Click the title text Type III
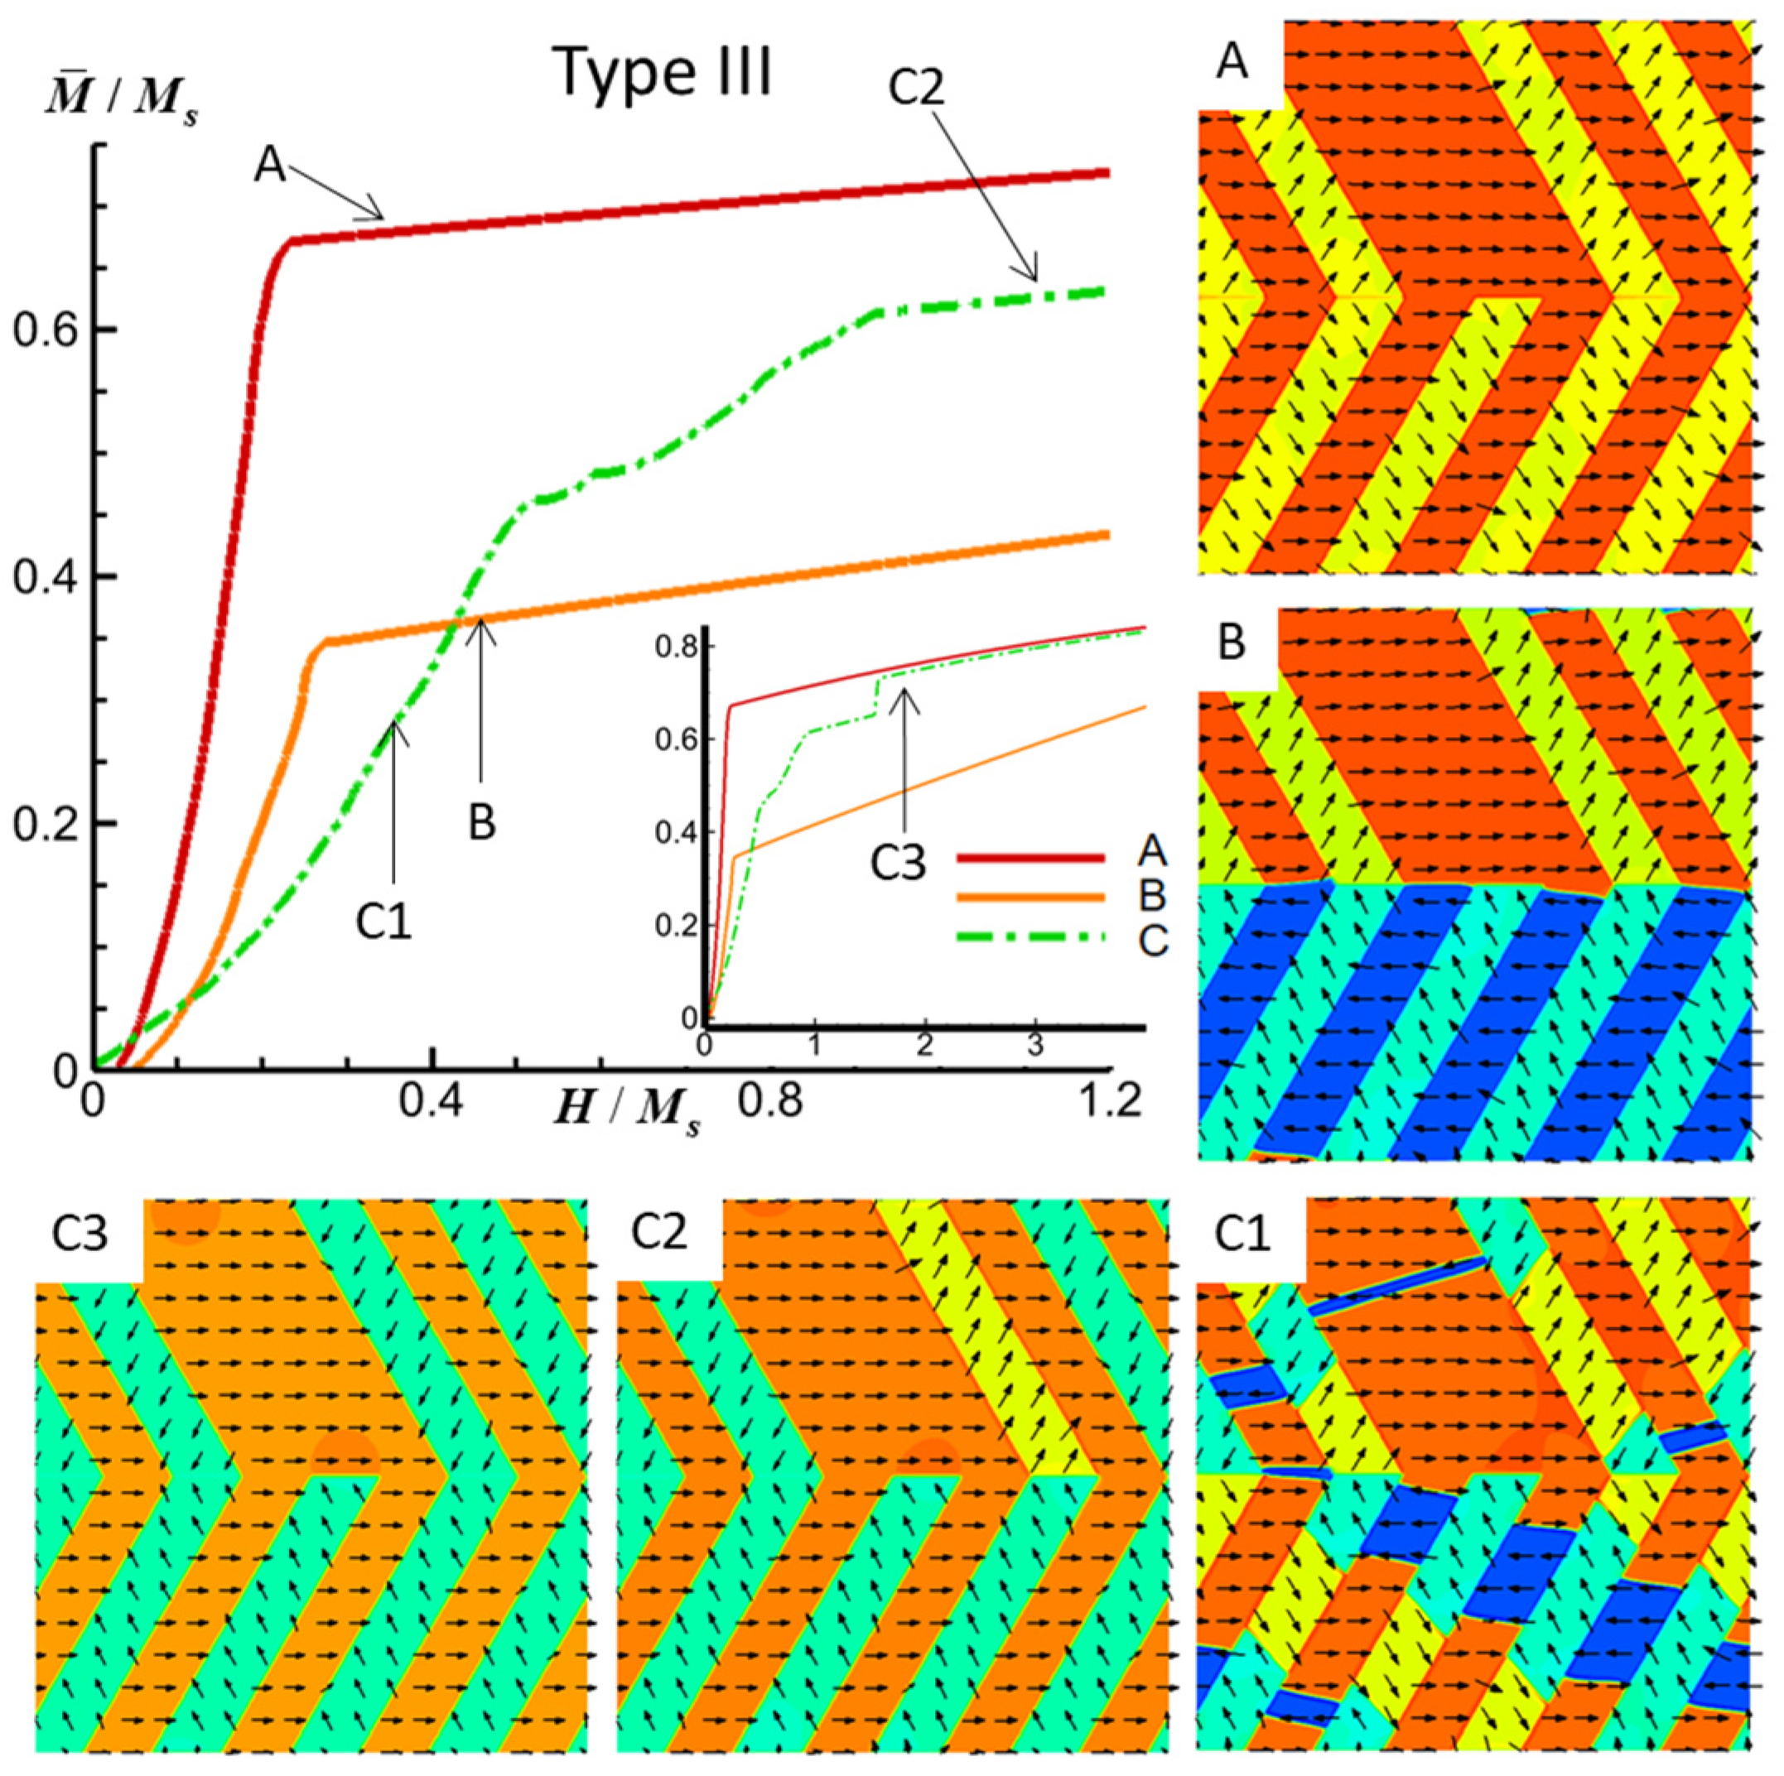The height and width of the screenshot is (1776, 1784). click(663, 73)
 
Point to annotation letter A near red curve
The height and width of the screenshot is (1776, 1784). click(270, 168)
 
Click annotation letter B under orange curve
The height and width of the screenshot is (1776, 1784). click(482, 822)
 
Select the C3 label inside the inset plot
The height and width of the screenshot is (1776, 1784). click(898, 865)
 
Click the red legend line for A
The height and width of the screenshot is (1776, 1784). click(1029, 859)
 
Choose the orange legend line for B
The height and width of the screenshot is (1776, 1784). click(1029, 898)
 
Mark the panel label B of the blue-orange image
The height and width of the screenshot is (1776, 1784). click(1232, 643)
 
